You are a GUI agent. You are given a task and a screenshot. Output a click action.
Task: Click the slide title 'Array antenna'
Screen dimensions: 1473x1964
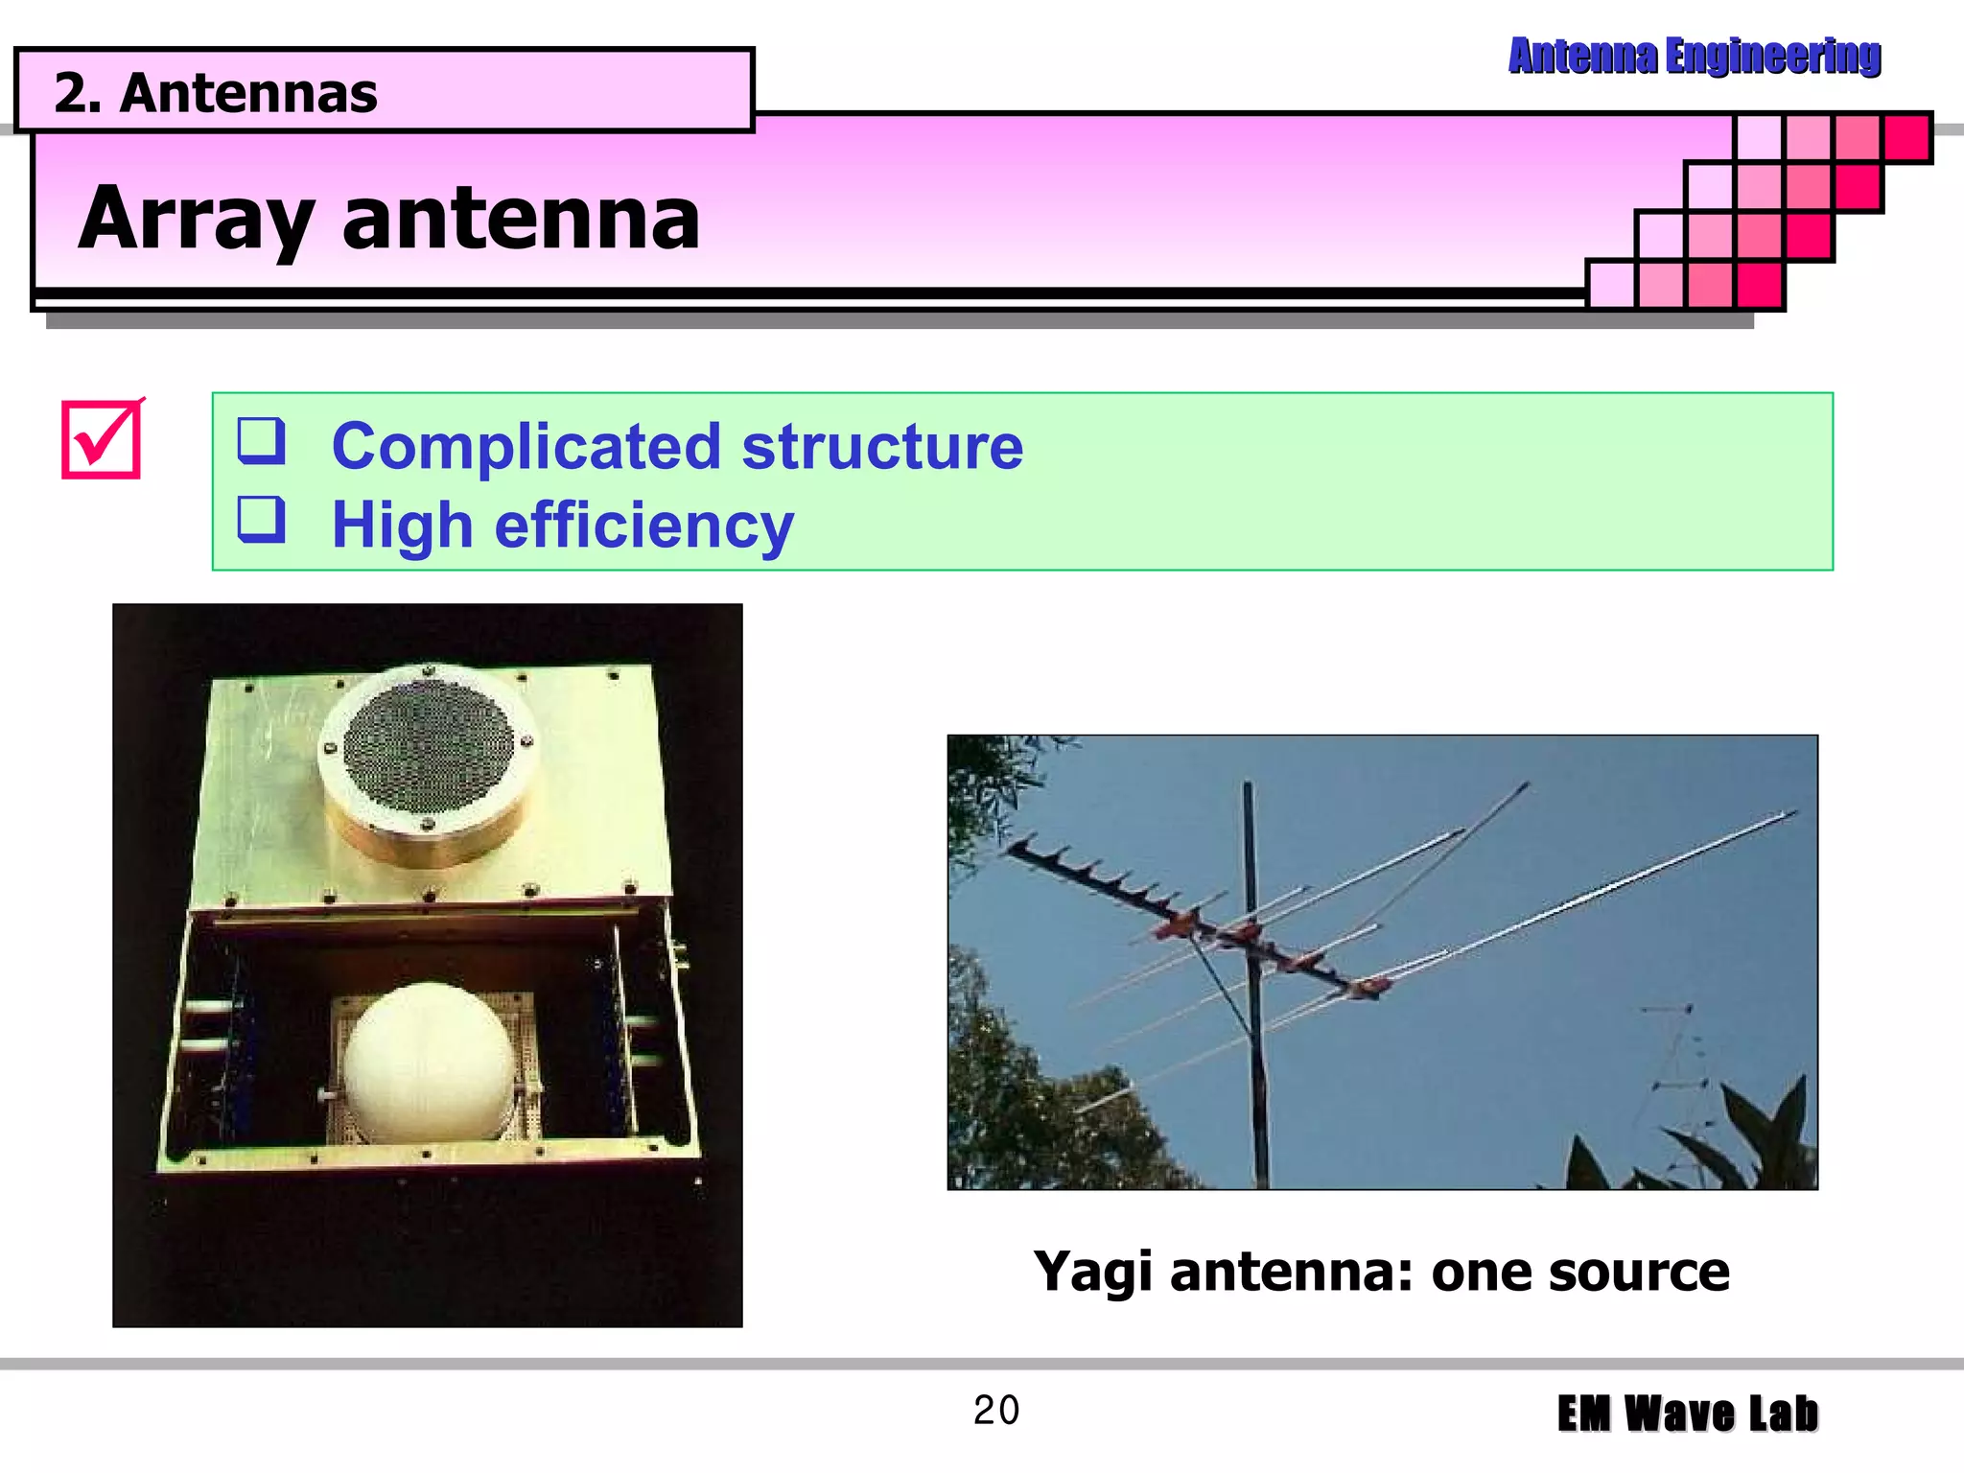pos(388,219)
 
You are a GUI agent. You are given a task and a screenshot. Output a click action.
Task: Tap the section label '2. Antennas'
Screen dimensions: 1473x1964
pos(216,93)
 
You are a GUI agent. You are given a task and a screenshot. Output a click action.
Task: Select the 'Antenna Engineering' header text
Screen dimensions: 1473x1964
pos(1694,56)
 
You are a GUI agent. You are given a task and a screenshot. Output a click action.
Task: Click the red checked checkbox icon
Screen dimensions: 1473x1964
pos(102,440)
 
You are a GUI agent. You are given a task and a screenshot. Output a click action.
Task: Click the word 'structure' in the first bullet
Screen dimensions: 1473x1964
pos(882,447)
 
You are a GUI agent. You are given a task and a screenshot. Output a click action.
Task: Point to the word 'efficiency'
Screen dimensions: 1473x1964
pos(643,526)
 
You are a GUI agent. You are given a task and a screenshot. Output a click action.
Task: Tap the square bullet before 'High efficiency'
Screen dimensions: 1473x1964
pos(261,520)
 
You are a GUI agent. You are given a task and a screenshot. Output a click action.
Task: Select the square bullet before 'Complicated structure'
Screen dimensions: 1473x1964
pos(261,441)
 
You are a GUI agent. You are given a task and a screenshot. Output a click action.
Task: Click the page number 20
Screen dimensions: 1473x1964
pos(995,1410)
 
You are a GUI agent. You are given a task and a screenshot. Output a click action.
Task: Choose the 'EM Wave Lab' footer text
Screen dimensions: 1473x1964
pos(1687,1414)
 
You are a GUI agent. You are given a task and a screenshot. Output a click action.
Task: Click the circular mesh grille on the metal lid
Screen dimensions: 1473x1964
pos(428,745)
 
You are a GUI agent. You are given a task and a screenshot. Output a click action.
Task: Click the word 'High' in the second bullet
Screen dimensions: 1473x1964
pos(402,526)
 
